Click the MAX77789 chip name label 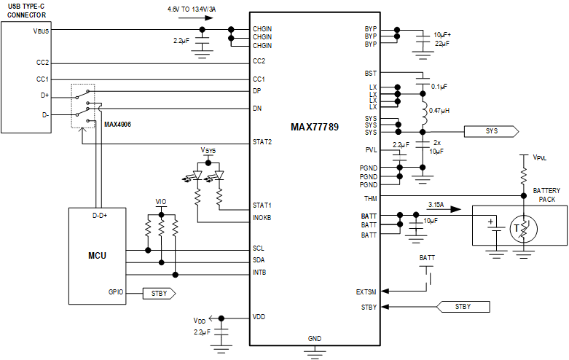pos(314,127)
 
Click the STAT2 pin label pos(262,141)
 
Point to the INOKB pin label pos(263,217)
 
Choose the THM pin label pos(371,196)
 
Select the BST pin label pos(371,73)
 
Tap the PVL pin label pos(371,149)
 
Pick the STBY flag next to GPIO pos(158,293)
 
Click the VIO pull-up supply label pos(161,202)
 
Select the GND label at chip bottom pos(315,339)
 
